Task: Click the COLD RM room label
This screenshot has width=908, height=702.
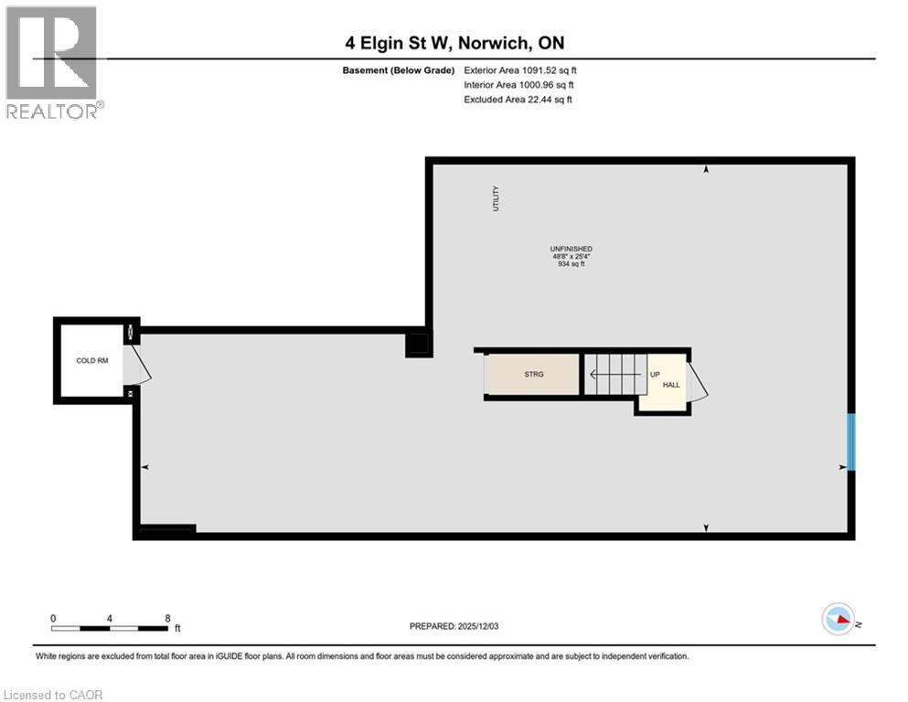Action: tap(91, 361)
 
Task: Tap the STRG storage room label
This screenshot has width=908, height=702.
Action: tap(534, 375)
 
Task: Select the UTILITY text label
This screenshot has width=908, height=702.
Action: tap(497, 199)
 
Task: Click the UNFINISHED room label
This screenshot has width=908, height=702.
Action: tap(571, 249)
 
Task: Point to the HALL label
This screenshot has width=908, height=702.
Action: tap(671, 386)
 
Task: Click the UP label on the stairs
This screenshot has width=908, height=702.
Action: tap(655, 375)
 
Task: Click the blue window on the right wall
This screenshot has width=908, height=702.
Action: tap(851, 442)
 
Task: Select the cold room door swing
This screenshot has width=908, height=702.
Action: tap(138, 365)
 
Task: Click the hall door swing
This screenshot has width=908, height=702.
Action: tap(697, 382)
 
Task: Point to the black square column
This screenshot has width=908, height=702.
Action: tap(418, 344)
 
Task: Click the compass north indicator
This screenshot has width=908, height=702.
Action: tap(839, 620)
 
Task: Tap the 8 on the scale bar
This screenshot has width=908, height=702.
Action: tap(167, 618)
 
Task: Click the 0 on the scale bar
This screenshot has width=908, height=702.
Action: tap(54, 618)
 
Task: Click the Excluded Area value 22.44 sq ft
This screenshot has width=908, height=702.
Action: tap(531, 99)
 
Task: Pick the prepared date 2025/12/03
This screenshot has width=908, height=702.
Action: tap(489, 626)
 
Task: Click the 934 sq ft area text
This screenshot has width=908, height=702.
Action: tap(571, 264)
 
